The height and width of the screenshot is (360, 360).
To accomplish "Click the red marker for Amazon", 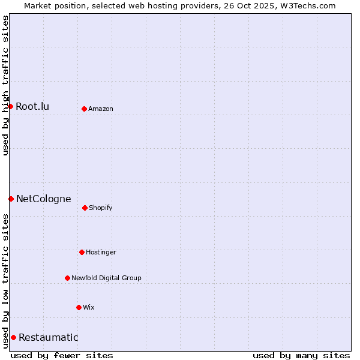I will click(84, 109).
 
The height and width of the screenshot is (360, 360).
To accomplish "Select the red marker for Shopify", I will click(85, 208).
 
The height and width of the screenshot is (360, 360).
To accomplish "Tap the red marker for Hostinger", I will click(82, 252).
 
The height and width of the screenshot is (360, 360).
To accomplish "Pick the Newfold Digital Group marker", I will click(67, 278).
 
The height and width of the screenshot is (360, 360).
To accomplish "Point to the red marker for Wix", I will click(79, 307).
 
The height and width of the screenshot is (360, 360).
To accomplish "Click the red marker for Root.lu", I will click(10, 106).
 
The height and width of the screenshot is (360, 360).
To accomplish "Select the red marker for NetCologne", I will click(11, 199).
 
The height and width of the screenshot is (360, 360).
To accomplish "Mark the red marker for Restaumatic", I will click(13, 337).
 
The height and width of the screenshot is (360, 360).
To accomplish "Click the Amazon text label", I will click(101, 109).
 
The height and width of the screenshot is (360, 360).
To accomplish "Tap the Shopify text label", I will click(101, 208).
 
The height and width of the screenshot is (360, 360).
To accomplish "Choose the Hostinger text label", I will click(101, 252).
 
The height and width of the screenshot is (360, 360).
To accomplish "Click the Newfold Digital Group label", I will click(106, 278).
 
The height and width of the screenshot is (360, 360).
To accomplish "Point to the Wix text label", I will click(89, 307).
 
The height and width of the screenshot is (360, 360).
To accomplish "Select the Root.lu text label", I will click(32, 106).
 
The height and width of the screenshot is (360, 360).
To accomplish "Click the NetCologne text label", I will click(43, 199).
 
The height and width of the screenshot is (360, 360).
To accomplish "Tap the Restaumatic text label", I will click(48, 337).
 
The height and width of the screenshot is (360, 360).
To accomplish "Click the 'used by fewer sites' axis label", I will click(62, 355).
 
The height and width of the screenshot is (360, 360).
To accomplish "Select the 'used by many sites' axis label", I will click(301, 355).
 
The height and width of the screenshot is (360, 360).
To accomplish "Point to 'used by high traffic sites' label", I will click(5, 85).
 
